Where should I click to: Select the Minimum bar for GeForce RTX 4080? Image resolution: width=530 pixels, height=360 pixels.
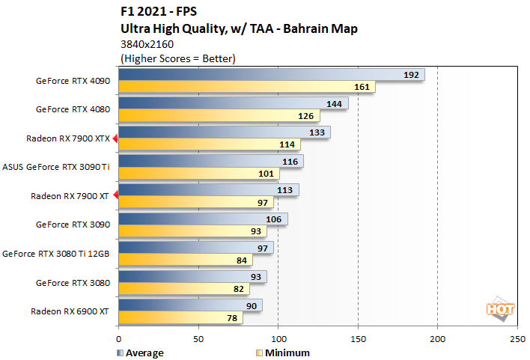coord(219,116)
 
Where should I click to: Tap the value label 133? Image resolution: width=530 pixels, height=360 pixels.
coord(316,132)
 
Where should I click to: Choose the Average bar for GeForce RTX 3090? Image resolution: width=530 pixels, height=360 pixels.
coord(203,219)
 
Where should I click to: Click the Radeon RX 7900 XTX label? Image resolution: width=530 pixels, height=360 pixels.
coord(68,138)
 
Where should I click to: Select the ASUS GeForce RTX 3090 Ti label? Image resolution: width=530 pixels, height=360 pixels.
coord(57,167)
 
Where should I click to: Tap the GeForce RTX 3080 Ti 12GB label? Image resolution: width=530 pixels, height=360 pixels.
coord(57,254)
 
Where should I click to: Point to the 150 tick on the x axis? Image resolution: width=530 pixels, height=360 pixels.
coord(358,338)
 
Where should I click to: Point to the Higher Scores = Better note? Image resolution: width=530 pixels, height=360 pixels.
coord(177,58)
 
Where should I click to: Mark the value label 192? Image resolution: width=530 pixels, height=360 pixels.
coord(411,75)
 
